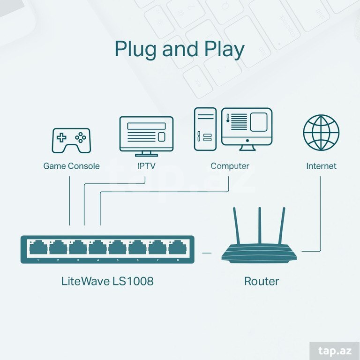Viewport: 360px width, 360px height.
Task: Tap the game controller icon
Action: tap(71, 141)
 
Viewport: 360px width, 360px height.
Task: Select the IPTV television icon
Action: tap(146, 136)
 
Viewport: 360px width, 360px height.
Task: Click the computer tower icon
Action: tap(205, 129)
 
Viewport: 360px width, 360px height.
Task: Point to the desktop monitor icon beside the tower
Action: tap(247, 129)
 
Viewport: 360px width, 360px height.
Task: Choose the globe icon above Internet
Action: tap(321, 133)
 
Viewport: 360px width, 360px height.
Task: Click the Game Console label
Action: tap(71, 166)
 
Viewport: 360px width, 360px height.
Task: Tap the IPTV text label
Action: tap(146, 166)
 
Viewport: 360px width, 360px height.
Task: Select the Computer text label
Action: tap(230, 166)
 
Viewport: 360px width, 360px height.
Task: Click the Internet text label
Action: tap(321, 166)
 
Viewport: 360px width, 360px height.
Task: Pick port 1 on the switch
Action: tap(38, 247)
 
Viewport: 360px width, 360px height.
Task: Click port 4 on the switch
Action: tap(97, 247)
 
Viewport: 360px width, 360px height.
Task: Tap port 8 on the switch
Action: tap(178, 247)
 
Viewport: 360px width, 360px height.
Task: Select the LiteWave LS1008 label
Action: tap(107, 281)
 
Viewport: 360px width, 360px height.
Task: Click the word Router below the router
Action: tap(262, 281)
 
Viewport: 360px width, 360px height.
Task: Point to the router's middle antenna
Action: tap(260, 225)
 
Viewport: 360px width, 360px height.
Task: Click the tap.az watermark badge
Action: tap(335, 351)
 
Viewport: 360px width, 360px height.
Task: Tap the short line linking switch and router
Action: tap(207, 253)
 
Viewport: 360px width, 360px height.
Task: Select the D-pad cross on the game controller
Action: tap(61, 137)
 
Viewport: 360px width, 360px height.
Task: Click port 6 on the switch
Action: tap(137, 247)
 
